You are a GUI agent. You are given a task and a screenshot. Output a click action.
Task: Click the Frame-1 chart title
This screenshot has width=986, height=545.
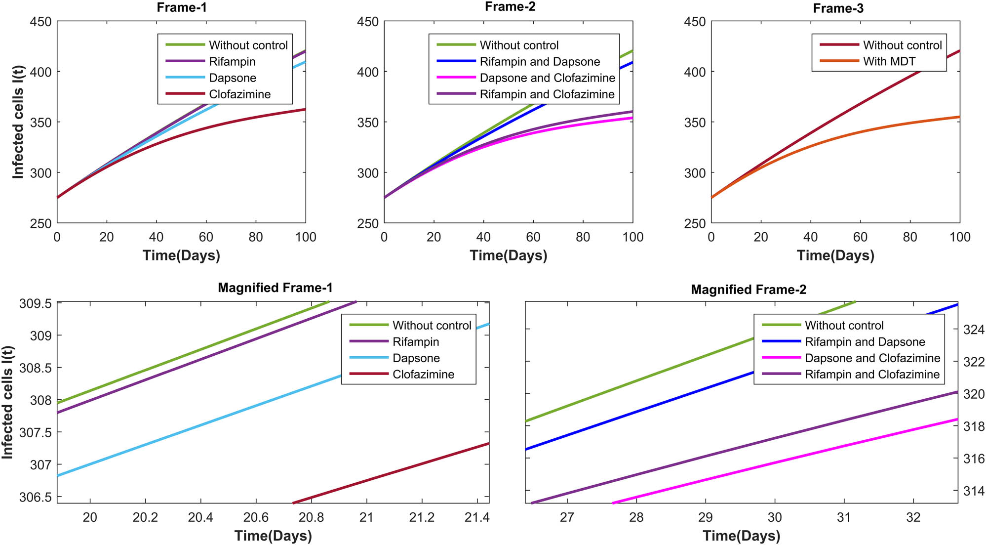coord(181,7)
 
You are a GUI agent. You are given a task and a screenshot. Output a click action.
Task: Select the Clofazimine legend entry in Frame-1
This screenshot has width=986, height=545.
coord(239,94)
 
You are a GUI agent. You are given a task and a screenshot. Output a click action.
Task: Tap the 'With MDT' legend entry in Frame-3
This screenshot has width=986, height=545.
coord(889,61)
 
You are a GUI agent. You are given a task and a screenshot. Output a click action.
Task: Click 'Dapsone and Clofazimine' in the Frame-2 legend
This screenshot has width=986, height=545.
coord(547,78)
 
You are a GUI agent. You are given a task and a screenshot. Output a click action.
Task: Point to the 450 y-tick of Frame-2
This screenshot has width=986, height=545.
coord(367,22)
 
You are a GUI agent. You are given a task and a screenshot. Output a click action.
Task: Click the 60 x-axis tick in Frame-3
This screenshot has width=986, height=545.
coord(860,237)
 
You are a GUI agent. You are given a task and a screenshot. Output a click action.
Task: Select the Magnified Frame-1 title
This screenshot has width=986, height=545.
coord(275,288)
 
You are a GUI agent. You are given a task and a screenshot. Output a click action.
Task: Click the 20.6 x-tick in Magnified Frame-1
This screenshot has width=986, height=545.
coord(256,517)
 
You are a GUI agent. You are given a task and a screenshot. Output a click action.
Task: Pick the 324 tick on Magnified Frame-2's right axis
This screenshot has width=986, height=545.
coord(974,330)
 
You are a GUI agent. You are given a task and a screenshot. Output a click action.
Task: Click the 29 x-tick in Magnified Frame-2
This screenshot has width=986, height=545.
coord(705,517)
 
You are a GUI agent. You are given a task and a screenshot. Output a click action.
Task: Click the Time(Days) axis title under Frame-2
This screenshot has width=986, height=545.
coord(508,255)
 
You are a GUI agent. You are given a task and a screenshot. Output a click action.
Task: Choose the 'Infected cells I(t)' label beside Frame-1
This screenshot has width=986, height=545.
coord(18,122)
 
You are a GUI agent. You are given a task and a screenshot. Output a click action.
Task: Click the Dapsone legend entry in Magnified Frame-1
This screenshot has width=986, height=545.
coord(416,358)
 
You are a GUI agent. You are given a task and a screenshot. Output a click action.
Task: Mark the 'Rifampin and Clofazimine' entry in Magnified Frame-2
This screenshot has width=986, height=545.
coord(872,374)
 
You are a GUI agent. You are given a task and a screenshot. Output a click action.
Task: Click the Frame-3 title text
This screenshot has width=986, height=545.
coord(838,8)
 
